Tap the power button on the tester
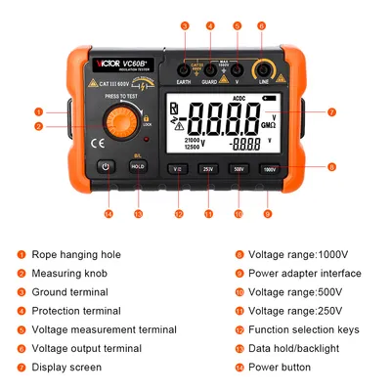click(x=108, y=167)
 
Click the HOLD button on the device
click(x=138, y=167)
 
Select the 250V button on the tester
click(x=207, y=169)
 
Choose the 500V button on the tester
click(x=238, y=169)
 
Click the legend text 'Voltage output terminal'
click(x=87, y=348)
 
